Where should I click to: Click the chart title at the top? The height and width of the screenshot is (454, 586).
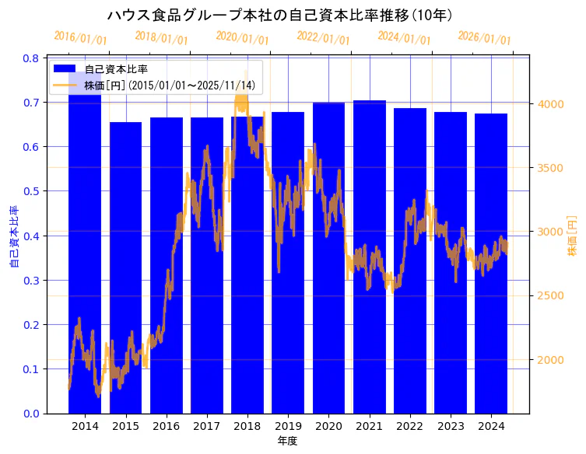280,15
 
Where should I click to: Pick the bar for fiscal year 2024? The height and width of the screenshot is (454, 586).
491,264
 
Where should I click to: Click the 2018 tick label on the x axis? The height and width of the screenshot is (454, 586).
247,426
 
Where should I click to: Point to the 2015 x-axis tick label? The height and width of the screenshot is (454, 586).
125,426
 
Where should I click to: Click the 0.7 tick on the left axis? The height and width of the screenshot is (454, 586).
31,103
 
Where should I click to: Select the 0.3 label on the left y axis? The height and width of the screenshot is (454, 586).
31,281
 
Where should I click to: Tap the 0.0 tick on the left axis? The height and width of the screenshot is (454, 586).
31,414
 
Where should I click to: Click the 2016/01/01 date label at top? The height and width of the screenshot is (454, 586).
80,37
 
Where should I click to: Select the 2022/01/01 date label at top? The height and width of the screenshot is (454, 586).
323,37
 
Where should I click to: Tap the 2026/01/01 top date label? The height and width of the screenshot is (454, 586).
484,38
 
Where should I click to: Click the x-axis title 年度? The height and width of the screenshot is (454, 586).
287,441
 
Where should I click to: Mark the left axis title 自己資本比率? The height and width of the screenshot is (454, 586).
13,236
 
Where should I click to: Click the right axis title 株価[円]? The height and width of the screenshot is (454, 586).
572,236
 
